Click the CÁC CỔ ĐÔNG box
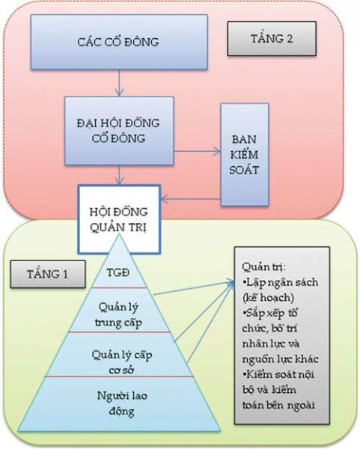[119, 42]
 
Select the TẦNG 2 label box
[272, 38]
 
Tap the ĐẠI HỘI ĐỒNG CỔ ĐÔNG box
[119, 130]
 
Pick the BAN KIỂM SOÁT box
[244, 155]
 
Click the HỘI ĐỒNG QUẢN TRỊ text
[119, 219]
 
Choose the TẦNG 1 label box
[48, 274]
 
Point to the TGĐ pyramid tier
[118, 272]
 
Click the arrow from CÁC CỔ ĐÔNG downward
[120, 82]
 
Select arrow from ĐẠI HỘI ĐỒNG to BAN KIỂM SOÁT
[198, 151]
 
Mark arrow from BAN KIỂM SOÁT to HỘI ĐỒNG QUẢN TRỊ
[190, 198]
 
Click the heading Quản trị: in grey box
[263, 267]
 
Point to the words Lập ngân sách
[280, 283]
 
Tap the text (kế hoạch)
[268, 298]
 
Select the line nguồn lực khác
[280, 359]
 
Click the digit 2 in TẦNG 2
[290, 38]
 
